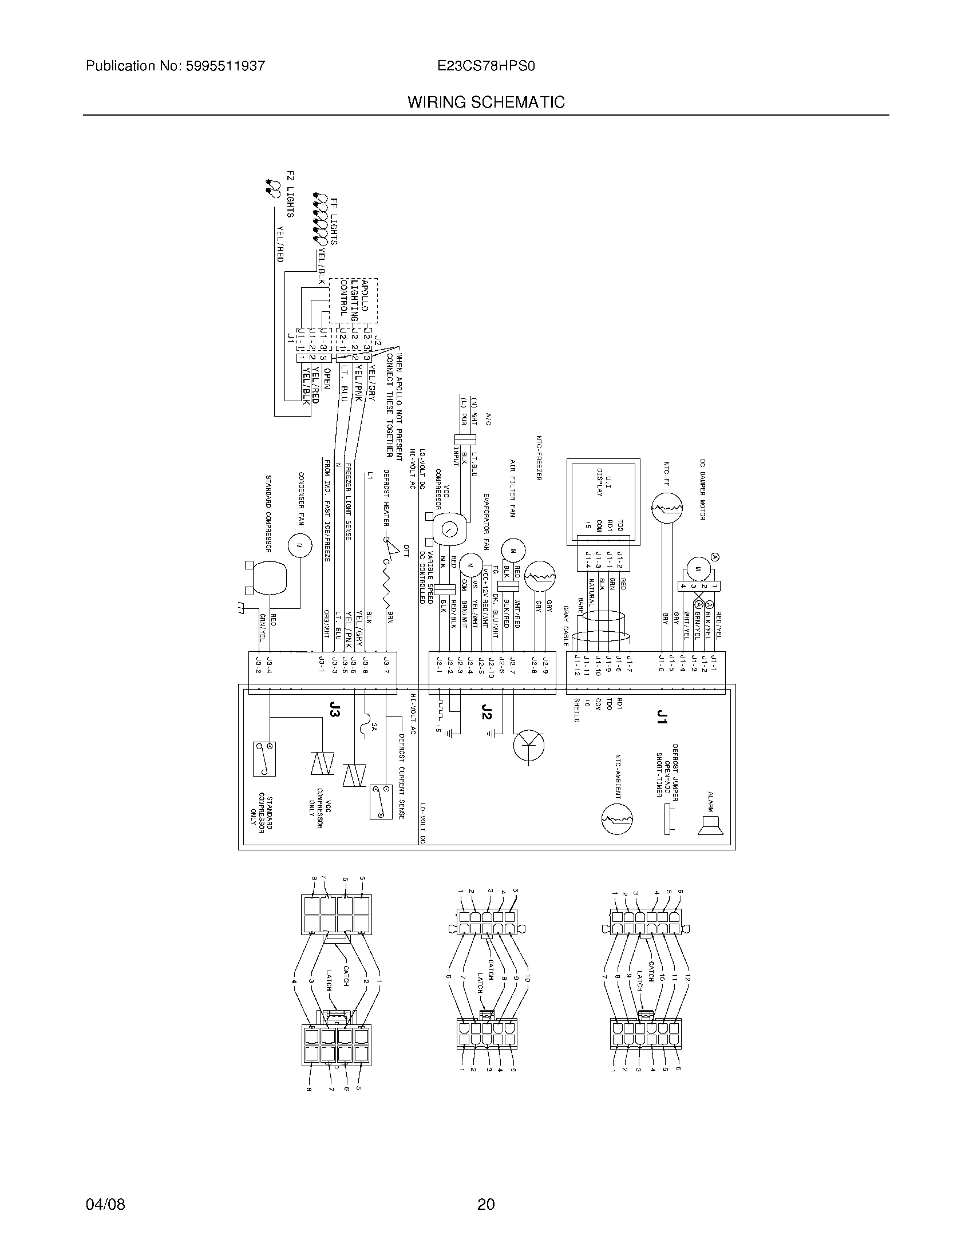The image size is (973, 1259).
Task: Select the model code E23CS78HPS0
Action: [x=486, y=66]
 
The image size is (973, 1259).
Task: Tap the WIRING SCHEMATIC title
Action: [x=486, y=102]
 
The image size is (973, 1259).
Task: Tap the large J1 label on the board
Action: [x=662, y=716]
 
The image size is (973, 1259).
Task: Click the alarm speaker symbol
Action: [x=709, y=825]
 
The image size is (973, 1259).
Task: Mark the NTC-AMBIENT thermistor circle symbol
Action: [x=617, y=819]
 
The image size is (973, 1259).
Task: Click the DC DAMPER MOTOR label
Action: [x=703, y=489]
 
